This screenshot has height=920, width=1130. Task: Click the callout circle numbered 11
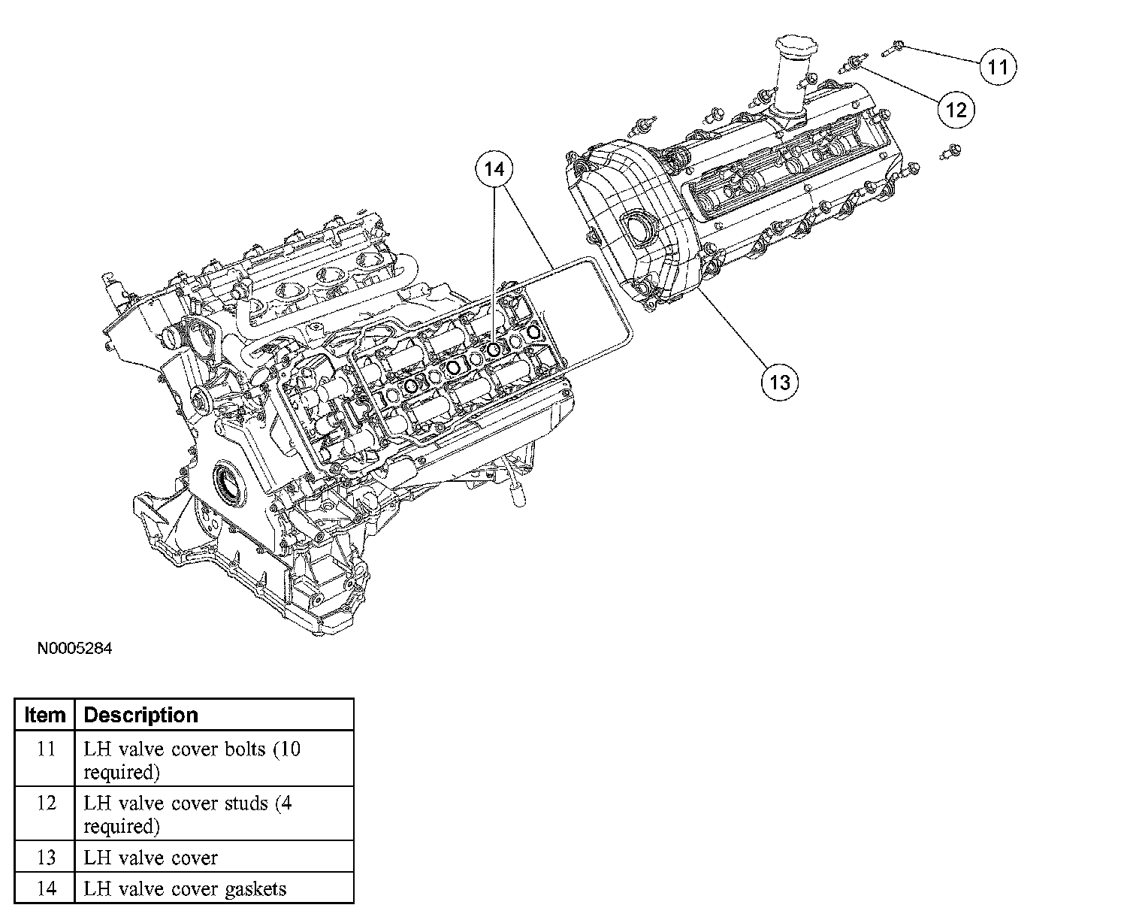[x=997, y=67]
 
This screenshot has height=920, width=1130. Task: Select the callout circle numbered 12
[x=956, y=110]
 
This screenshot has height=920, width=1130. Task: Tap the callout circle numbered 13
[x=780, y=382]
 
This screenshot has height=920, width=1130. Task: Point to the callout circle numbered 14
[x=494, y=170]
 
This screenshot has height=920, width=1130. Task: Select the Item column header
[x=45, y=715]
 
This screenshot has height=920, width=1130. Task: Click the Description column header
[x=140, y=715]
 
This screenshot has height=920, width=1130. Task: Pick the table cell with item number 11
[x=46, y=750]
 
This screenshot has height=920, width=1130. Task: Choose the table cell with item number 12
[x=46, y=804]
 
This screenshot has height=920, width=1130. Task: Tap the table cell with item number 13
[x=46, y=858]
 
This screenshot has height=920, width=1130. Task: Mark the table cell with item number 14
[x=46, y=889]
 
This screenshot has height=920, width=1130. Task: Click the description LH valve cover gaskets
[x=185, y=889]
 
